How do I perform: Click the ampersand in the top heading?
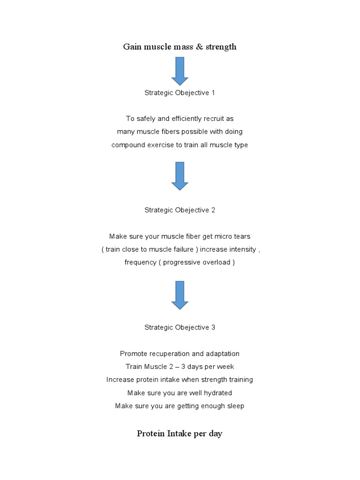[x=199, y=46]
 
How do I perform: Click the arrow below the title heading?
[x=180, y=71]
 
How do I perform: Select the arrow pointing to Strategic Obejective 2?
[x=180, y=176]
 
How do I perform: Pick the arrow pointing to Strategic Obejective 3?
[x=180, y=295]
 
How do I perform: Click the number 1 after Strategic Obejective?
[x=213, y=93]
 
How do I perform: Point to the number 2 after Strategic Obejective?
[x=213, y=210]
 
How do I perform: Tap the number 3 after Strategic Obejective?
[x=213, y=327]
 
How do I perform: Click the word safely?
[x=146, y=119]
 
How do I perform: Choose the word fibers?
[x=170, y=132]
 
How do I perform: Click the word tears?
[x=242, y=236]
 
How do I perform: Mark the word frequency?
[x=141, y=262]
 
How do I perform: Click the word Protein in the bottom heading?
[x=150, y=434]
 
